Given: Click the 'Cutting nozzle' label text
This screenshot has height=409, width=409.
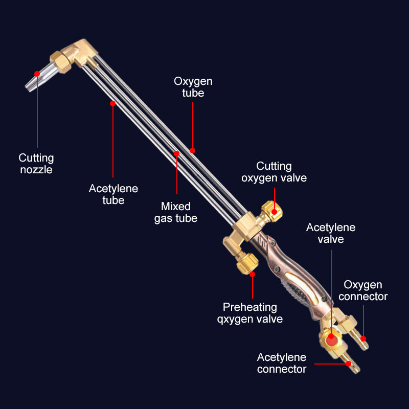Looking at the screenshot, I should pyautogui.click(x=36, y=164).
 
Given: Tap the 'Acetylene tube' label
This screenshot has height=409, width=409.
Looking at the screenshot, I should pyautogui.click(x=113, y=194).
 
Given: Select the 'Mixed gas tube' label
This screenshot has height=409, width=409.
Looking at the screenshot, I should pyautogui.click(x=176, y=212).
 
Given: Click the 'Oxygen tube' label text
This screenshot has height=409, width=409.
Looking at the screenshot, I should pyautogui.click(x=193, y=87).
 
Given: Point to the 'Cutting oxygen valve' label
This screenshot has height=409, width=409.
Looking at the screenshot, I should pyautogui.click(x=274, y=172).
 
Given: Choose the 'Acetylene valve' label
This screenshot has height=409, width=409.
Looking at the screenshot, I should pyautogui.click(x=331, y=233).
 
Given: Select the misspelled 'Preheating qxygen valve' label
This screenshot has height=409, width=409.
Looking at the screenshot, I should pyautogui.click(x=250, y=313).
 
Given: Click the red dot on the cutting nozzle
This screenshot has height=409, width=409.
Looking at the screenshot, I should pyautogui.click(x=37, y=74).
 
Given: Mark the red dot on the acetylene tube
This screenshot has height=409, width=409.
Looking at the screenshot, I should pyautogui.click(x=112, y=103).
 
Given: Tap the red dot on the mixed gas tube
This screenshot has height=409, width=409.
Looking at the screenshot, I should pyautogui.click(x=176, y=153).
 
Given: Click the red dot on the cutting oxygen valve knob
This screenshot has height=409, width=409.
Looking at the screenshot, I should pyautogui.click(x=274, y=211).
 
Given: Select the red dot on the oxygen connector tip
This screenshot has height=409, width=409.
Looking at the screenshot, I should pyautogui.click(x=363, y=338).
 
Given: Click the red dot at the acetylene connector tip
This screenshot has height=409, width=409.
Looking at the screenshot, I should pyautogui.click(x=348, y=364).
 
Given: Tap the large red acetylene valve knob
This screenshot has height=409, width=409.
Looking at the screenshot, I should pyautogui.click(x=331, y=337).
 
